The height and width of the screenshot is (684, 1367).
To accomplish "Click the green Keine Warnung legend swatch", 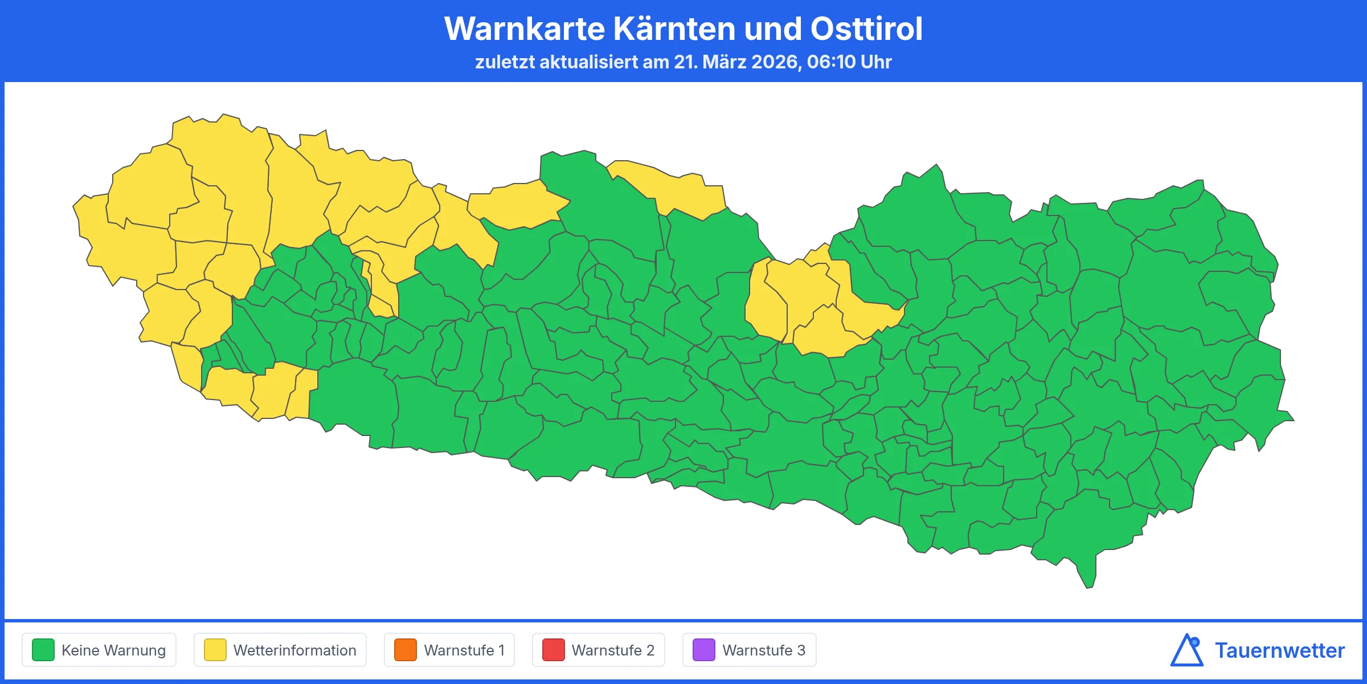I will [x=43, y=650].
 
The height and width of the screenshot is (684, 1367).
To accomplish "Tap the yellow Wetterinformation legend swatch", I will [x=215, y=650].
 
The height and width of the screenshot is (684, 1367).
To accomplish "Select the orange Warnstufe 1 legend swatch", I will [x=405, y=650].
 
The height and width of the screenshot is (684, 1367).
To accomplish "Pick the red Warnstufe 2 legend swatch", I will [x=553, y=650].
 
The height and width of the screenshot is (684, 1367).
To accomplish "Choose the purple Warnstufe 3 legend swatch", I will [x=703, y=650].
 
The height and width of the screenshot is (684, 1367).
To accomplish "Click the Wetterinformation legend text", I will [x=294, y=650].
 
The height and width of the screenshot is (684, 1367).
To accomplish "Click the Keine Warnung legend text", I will [x=113, y=650].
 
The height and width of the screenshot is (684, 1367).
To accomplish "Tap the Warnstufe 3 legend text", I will [x=764, y=650].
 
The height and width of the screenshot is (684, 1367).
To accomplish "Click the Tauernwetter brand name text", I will [x=1279, y=650].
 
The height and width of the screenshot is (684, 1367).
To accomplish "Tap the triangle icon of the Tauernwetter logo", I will [x=1186, y=651].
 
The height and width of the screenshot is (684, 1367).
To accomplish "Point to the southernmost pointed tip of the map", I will [x=1088, y=587].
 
